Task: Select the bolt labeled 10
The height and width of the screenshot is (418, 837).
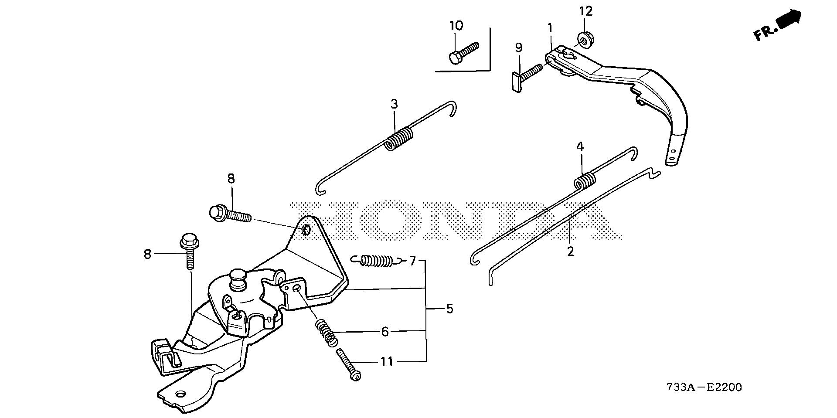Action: (463, 52)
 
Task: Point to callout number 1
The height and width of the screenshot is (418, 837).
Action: (550, 28)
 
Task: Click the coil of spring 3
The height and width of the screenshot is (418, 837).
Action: (399, 139)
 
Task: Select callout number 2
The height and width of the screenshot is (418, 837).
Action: (571, 251)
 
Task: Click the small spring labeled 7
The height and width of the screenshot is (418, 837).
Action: (377, 261)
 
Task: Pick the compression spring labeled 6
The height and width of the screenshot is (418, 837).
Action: (326, 333)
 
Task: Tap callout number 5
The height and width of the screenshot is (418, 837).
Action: (449, 309)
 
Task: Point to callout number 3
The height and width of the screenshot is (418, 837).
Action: (394, 104)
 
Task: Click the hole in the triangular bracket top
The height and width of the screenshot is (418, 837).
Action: (306, 229)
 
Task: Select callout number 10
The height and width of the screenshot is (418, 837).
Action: (456, 26)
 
